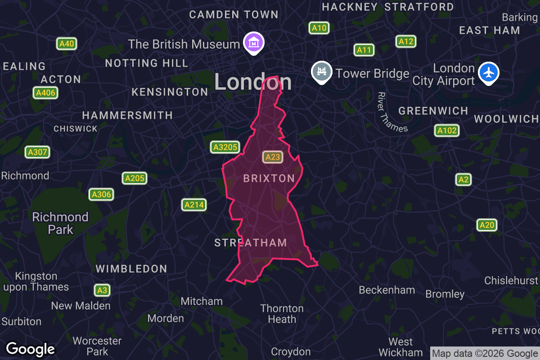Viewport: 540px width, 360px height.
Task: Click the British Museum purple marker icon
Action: pos(254,43)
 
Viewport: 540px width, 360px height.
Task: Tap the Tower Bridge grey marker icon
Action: pos(322,72)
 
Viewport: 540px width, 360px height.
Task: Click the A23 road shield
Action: pos(273,157)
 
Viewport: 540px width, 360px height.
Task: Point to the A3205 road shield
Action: pos(225,147)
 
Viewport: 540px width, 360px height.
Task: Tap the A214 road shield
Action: pos(194,205)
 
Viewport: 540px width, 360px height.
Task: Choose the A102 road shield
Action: pos(446,130)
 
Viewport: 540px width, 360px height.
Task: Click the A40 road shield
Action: pos(67,44)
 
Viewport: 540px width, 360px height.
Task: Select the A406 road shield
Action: pos(45,93)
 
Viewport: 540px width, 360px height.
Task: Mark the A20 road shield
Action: pos(487,225)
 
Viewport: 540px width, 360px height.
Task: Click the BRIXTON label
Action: pos(269,179)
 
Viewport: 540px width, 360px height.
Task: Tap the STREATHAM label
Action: pos(251,243)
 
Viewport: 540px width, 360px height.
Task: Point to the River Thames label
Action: pos(392,112)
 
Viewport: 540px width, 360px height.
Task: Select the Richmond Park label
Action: pos(60,223)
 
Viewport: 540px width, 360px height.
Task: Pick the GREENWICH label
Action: pos(433,111)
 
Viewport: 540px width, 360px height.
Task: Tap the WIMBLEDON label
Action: pos(131,269)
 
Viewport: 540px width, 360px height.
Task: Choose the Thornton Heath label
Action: pos(282,314)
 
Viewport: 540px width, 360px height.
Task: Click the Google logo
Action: pos(31,349)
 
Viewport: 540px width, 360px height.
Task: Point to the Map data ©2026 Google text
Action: pos(485,353)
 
